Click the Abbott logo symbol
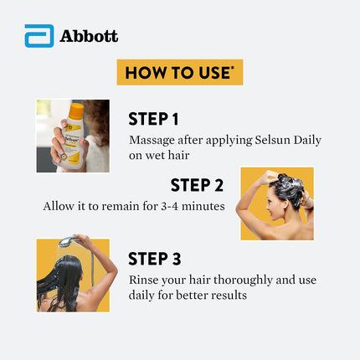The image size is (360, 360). click(39, 36)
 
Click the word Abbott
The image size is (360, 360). click(90, 36)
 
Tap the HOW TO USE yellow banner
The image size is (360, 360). click(179, 72)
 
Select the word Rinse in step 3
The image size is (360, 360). click(145, 280)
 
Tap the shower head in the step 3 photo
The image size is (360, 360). click(65, 243)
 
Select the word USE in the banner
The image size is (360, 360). click(213, 72)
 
